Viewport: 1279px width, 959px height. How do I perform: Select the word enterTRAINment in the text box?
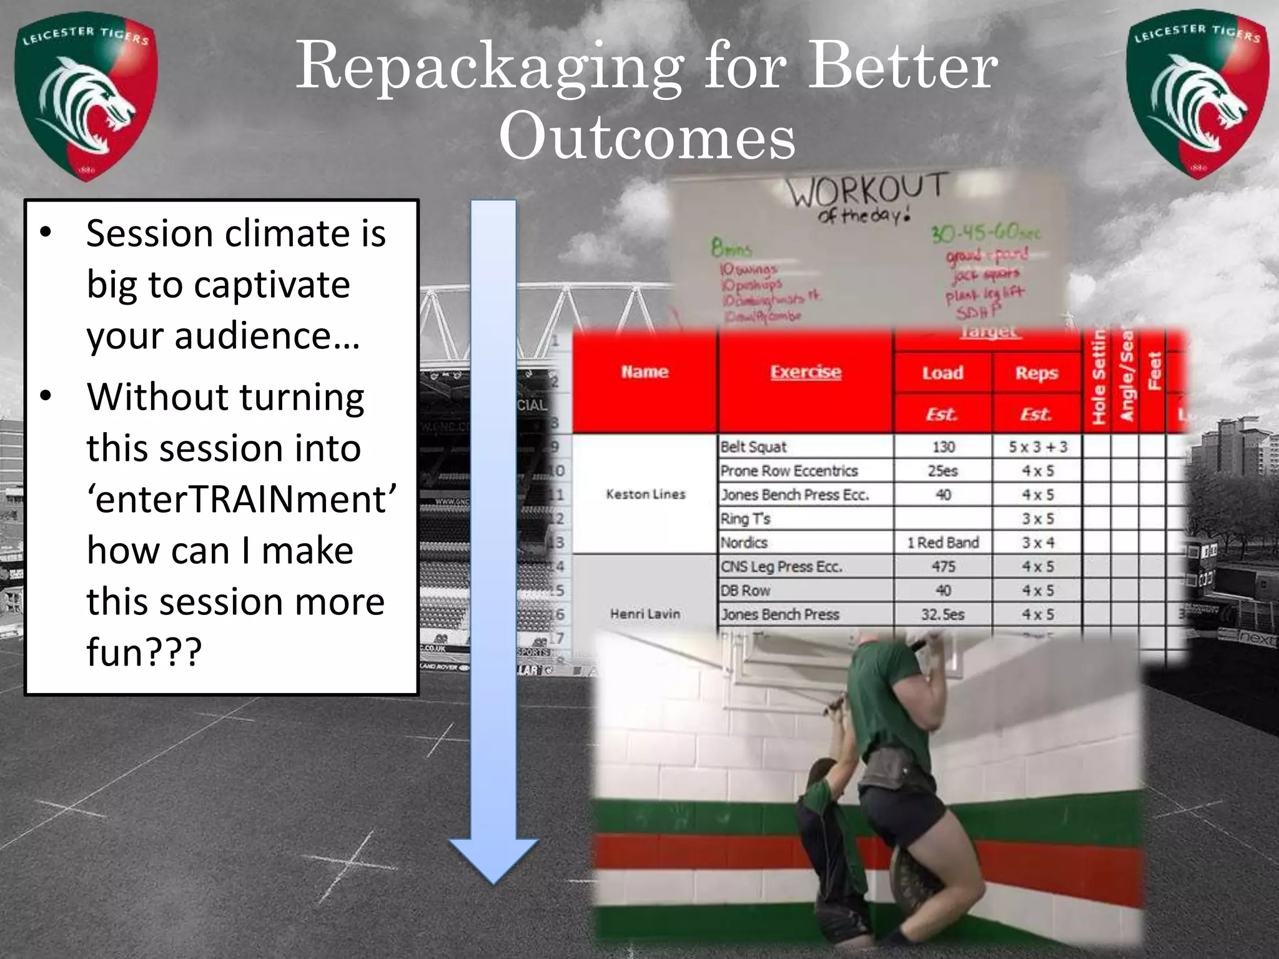coord(241,499)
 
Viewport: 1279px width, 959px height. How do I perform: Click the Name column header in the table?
coord(644,372)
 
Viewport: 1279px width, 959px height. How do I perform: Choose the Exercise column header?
coord(806,372)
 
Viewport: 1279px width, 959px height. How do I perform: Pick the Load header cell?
coord(942,373)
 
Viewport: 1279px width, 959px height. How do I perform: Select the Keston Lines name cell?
coord(645,494)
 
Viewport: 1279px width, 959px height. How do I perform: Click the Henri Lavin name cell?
coord(645,614)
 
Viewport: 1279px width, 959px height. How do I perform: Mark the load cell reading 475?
coord(943,567)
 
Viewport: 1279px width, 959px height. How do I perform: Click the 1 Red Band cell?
coord(943,543)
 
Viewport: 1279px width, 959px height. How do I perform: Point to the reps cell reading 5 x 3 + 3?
coord(1037,447)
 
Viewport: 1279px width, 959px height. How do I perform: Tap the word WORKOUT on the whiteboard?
coord(865,190)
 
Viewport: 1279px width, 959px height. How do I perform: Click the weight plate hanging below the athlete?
coord(912,887)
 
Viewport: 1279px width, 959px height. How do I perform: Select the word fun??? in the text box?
coord(144,652)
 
